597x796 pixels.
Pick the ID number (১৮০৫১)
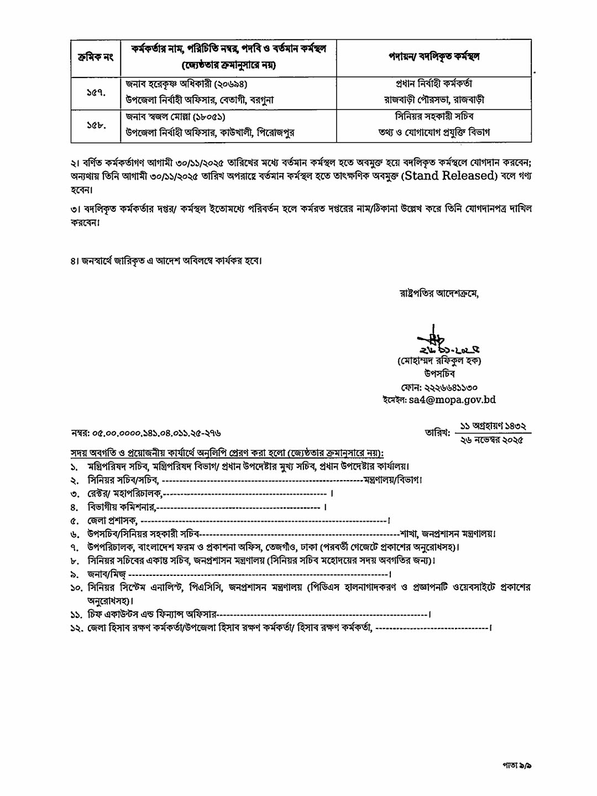tap(206, 117)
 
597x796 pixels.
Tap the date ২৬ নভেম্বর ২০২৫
tap(491, 439)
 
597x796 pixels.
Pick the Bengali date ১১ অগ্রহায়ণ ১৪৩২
tap(491, 426)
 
